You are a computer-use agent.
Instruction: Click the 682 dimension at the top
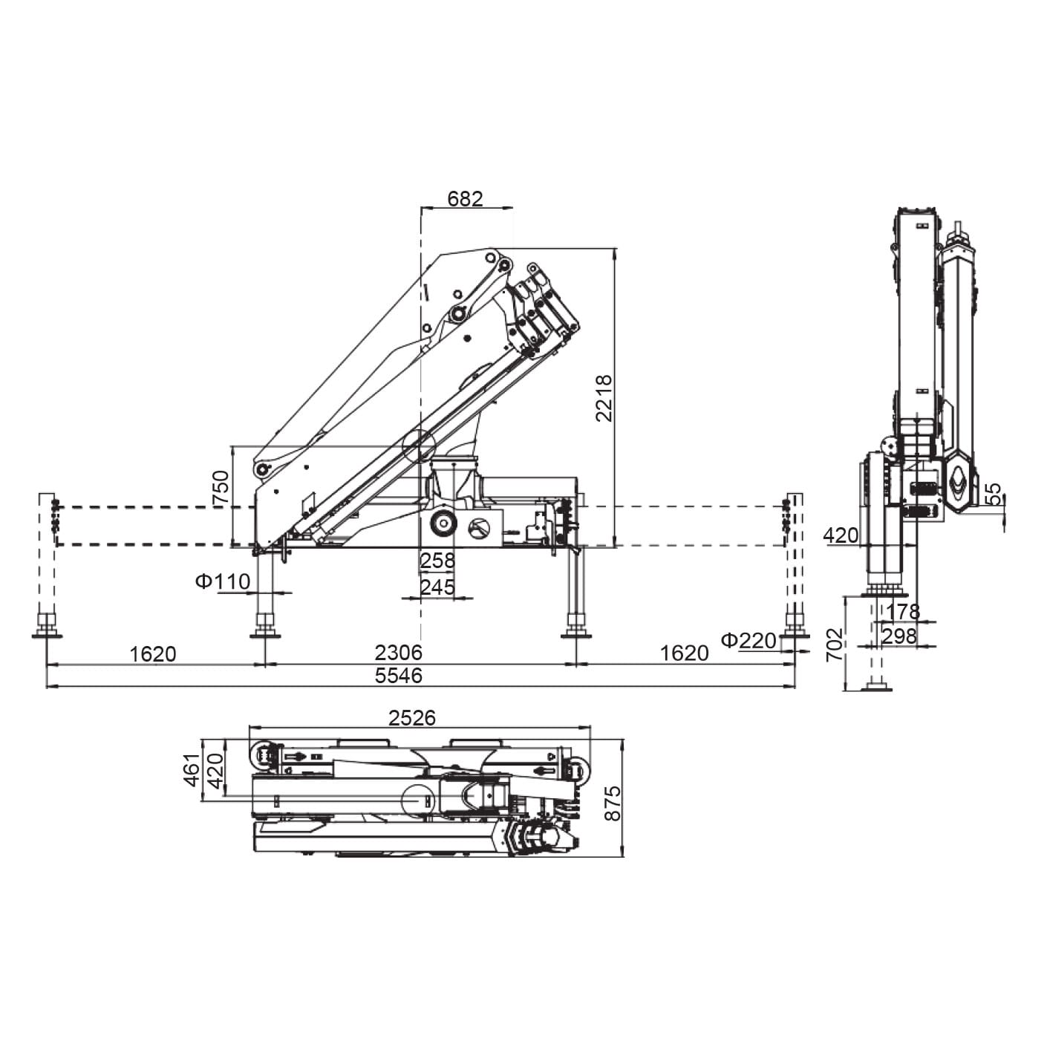point(465,199)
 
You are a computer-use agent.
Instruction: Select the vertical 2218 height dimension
point(604,398)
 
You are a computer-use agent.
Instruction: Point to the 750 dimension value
point(221,489)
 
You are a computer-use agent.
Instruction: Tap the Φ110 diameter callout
point(223,581)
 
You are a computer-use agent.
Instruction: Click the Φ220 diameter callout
point(748,641)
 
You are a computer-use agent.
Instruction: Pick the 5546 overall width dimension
point(398,676)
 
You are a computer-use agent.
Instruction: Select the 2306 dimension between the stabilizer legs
point(398,652)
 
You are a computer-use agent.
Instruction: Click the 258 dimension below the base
point(437,560)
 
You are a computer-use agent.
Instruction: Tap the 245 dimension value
point(437,587)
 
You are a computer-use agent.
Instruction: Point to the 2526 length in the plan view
point(412,718)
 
